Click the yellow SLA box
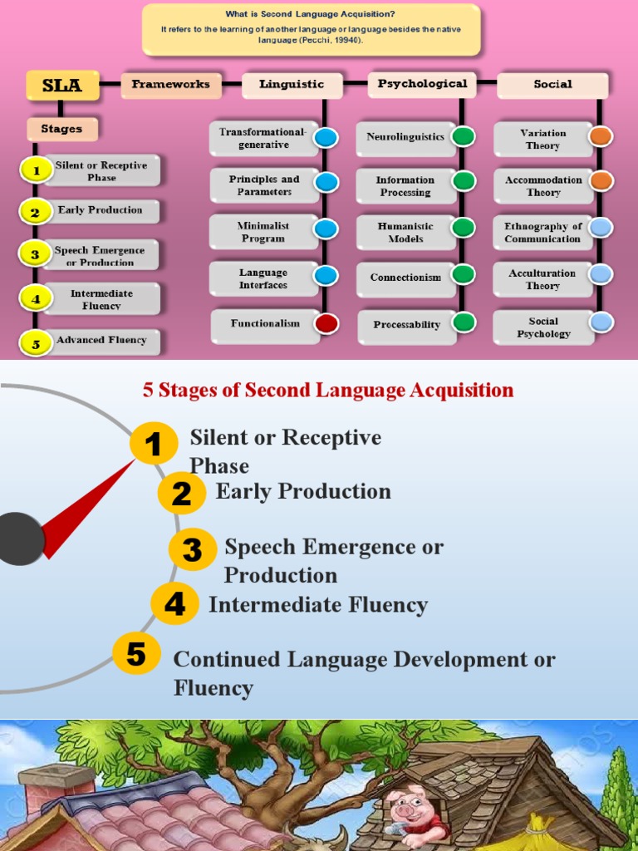[x=62, y=86]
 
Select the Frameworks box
[x=171, y=85]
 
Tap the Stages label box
[x=62, y=129]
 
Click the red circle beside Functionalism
[x=326, y=323]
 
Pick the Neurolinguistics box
[x=405, y=137]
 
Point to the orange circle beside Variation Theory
[x=601, y=136]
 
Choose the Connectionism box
[x=405, y=278]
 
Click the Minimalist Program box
[x=262, y=232]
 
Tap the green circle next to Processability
[x=464, y=322]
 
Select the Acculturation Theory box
[x=542, y=279]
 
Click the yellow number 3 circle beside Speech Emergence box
[x=35, y=255]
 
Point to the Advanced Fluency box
[x=101, y=340]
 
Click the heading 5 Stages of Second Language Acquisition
[x=328, y=390]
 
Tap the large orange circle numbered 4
[x=174, y=604]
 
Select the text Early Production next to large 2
[x=303, y=491]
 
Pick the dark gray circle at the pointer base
[x=18, y=539]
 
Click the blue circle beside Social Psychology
[x=601, y=322]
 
